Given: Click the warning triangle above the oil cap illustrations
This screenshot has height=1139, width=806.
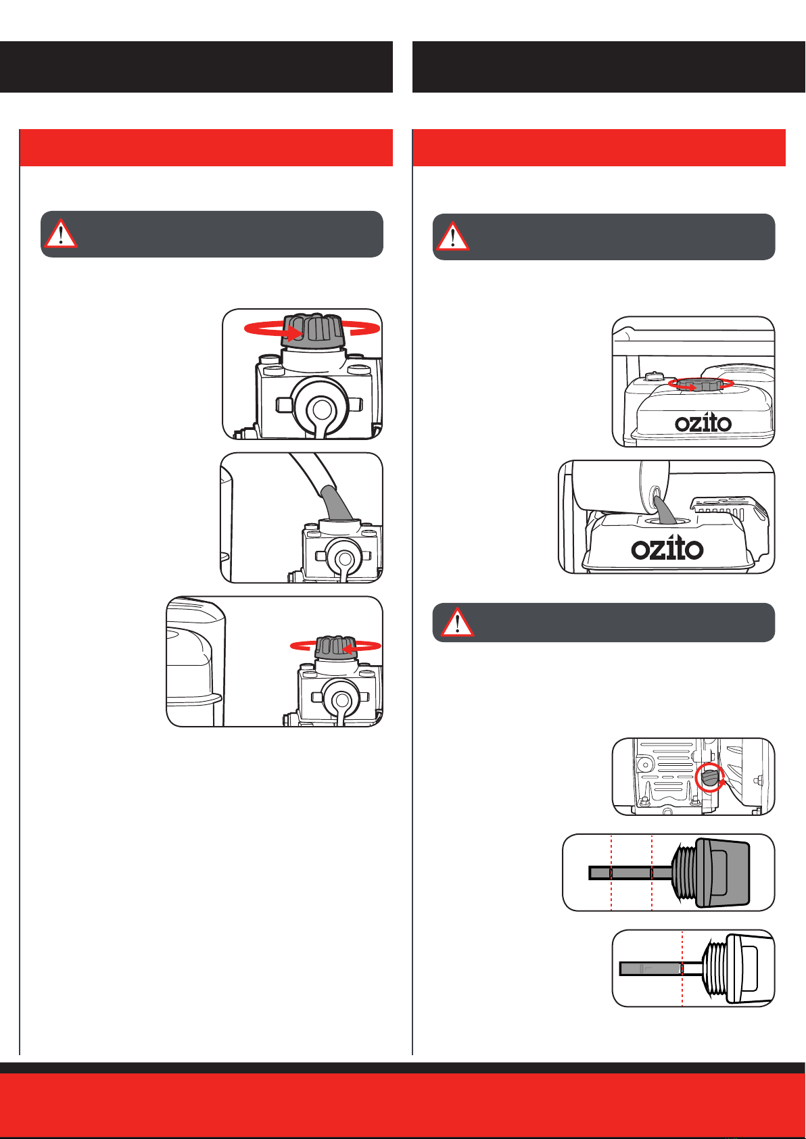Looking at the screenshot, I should [61, 233].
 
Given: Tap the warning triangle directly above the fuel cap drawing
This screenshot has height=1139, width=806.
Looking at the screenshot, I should [452, 236].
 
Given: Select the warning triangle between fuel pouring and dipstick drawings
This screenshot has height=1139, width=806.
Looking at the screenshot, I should [456, 623].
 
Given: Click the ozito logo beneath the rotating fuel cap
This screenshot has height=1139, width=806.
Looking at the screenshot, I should [703, 423].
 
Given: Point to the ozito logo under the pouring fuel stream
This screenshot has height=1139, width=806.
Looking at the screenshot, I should [667, 548].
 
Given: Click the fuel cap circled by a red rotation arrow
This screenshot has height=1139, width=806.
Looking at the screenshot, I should [700, 385].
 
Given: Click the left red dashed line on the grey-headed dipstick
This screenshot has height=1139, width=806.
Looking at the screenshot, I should [611, 872].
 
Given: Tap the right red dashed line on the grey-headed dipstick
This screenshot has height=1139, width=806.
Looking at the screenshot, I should [652, 872].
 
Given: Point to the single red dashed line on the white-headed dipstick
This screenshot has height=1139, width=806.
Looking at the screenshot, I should [682, 968].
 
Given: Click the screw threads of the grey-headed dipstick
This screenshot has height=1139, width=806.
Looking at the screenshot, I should [684, 872].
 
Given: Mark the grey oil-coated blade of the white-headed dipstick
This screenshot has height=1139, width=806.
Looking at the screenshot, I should [650, 969].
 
